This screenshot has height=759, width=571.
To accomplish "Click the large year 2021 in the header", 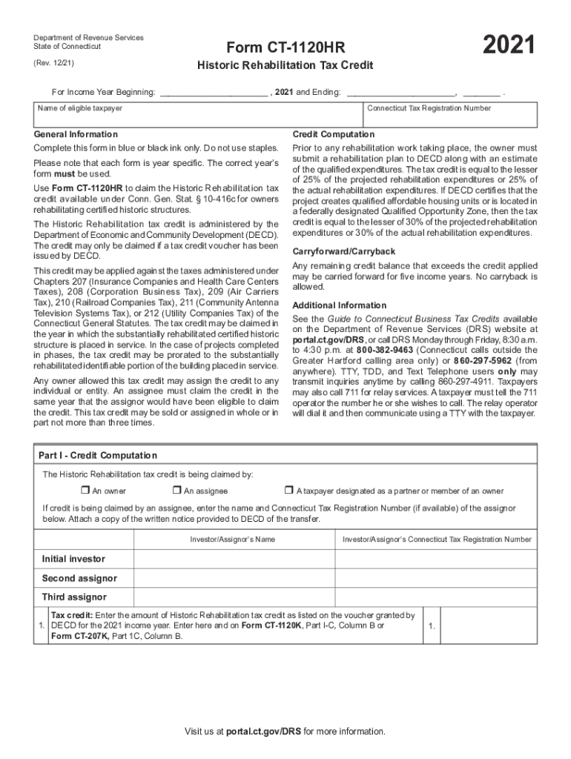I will coord(509,46).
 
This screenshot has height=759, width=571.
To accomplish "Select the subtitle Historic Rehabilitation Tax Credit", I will coord(285,66).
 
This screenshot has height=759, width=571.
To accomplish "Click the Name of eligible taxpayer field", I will coord(198,117).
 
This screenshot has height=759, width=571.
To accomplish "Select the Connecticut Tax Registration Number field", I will coord(450,117).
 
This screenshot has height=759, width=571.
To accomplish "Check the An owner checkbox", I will coord(85,491).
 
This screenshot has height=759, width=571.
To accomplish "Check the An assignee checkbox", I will coord(176,491).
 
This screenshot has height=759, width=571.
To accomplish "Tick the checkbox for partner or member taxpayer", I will coord(289,491).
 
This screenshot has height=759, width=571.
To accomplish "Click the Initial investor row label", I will coord(73,559).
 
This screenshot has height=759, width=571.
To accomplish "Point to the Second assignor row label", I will coord(79,578).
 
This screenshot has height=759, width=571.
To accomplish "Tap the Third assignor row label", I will coord(74,597).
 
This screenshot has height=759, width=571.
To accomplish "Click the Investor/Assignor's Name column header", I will coord(232,540).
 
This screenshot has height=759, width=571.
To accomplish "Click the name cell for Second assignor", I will coord(232,578).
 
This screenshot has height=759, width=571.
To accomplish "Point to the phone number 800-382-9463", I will coord(383,350).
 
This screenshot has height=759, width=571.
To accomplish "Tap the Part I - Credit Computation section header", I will coord(98,455).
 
